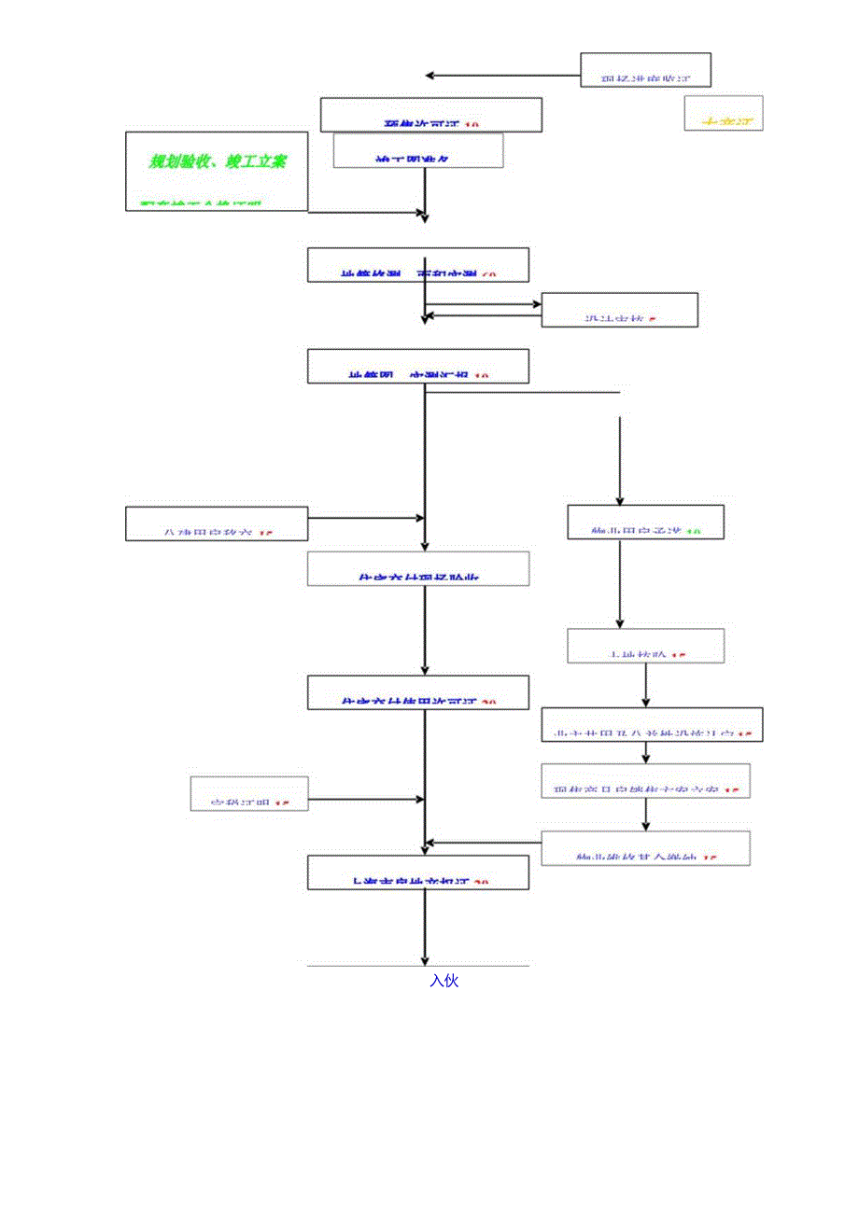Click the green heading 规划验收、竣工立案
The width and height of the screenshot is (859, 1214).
click(x=218, y=161)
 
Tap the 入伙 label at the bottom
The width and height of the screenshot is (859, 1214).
click(x=444, y=981)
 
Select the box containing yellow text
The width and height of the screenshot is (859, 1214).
click(x=723, y=113)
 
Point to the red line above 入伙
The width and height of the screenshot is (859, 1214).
click(x=418, y=966)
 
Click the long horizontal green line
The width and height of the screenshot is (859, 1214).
click(x=523, y=392)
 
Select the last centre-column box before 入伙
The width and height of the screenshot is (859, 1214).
click(x=418, y=872)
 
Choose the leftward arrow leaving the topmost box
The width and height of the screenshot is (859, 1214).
click(x=502, y=75)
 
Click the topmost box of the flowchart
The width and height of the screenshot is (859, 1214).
click(x=646, y=70)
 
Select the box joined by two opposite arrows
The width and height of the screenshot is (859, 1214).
click(x=619, y=310)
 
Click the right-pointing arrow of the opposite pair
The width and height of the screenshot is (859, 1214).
click(x=484, y=303)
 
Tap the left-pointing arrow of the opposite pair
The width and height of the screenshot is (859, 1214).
click(x=484, y=315)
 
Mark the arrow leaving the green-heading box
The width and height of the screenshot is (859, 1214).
click(x=366, y=213)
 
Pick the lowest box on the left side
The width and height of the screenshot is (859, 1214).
click(x=249, y=792)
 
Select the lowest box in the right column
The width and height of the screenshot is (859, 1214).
click(x=646, y=848)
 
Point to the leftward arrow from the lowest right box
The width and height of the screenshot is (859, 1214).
click(x=484, y=844)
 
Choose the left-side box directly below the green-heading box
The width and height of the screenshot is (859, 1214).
click(x=217, y=523)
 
